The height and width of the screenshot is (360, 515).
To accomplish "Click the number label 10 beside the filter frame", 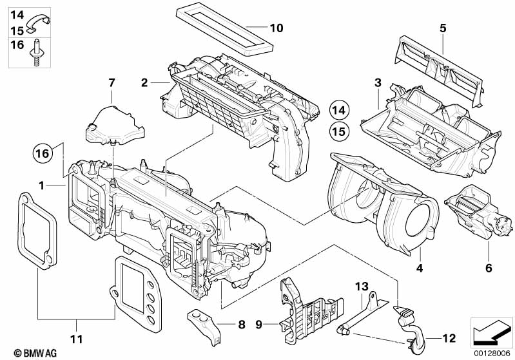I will pyautogui.click(x=276, y=28).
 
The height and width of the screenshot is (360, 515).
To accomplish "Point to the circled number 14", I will pyautogui.click(x=340, y=110).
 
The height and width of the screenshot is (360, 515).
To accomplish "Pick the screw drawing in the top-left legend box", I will pyautogui.click(x=36, y=53).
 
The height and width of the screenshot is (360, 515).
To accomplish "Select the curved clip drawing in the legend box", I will pyautogui.click(x=40, y=22).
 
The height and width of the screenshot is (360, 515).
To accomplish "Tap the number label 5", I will pyautogui.click(x=443, y=28).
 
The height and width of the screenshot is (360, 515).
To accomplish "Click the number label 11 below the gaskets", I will pyautogui.click(x=77, y=338).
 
